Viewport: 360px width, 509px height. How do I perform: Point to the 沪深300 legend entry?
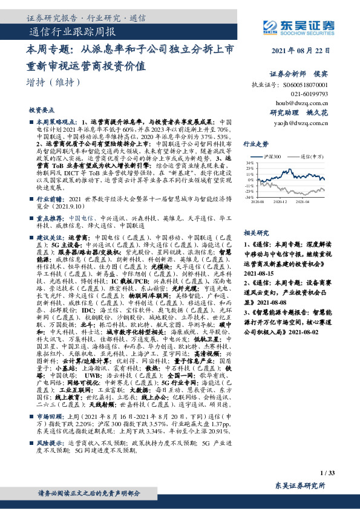pos(285,156)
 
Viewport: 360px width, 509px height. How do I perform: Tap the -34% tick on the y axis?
pos(249,197)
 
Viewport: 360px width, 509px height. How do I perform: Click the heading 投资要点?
pos(41,111)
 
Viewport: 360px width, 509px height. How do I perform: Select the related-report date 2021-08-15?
pos(259,273)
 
